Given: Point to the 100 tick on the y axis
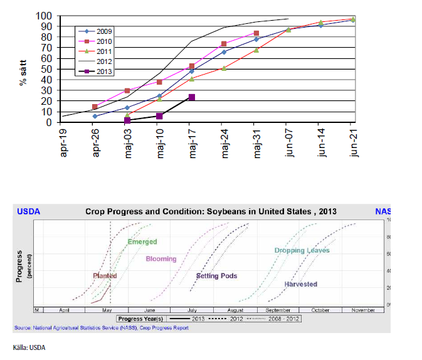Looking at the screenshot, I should tap(44, 16).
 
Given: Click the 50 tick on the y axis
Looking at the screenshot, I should tap(46, 69).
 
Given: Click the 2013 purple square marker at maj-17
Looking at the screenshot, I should tap(191, 97).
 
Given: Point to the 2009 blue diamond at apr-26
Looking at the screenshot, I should tap(95, 116).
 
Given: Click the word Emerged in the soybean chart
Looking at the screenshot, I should tap(142, 241).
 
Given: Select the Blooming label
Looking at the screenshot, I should tap(161, 259).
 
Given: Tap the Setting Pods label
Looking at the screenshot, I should tap(216, 276).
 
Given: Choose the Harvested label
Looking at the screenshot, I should tap(300, 284).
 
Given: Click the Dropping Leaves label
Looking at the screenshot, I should tap(302, 251).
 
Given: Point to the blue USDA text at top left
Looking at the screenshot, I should tap(28, 211).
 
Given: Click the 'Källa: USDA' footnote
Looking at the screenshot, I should tap(29, 347).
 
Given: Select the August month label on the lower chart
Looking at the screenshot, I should tap(236, 310).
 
